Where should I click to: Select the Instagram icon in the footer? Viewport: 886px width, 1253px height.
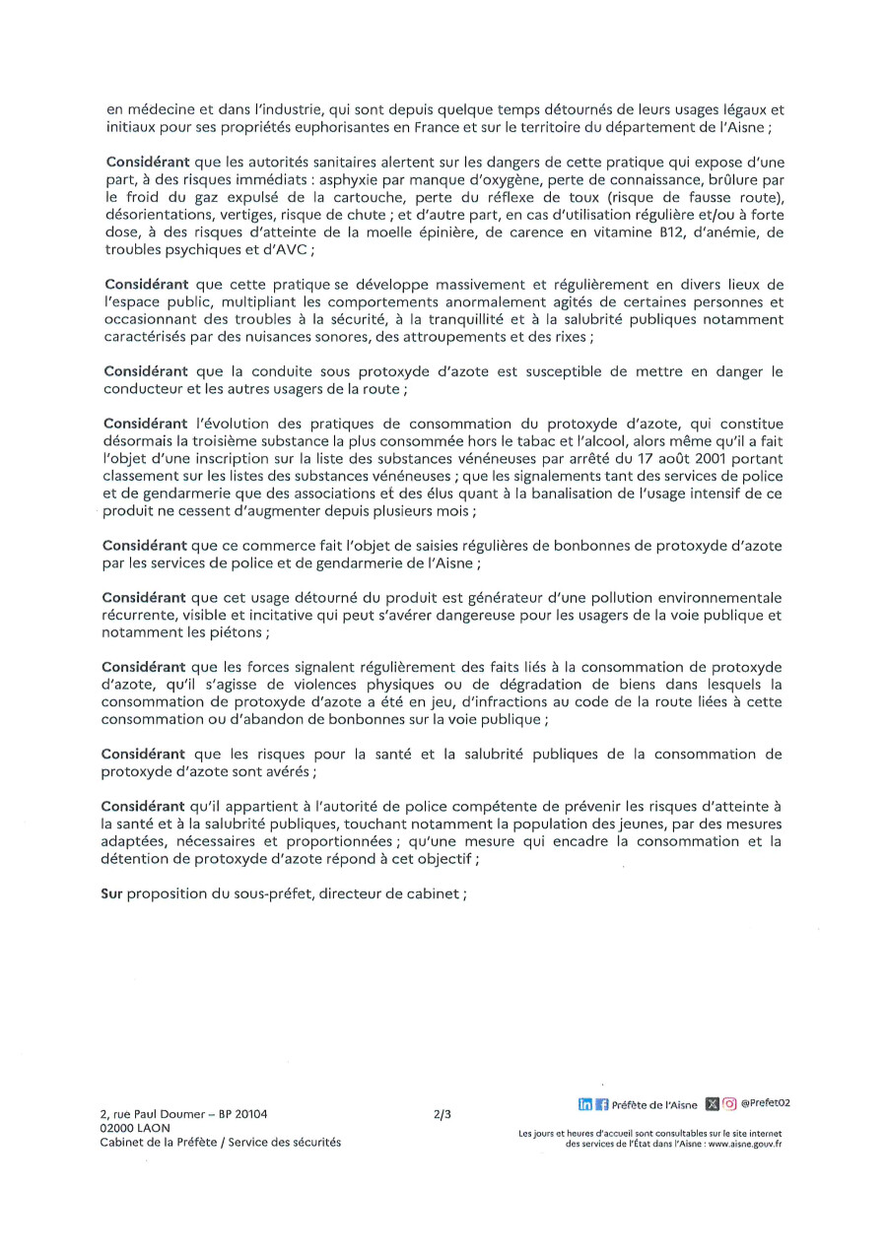pyautogui.click(x=729, y=1103)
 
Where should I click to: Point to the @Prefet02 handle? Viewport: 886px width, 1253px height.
pyautogui.click(x=766, y=1103)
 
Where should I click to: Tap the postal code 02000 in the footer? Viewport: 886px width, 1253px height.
pyautogui.click(x=116, y=1128)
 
